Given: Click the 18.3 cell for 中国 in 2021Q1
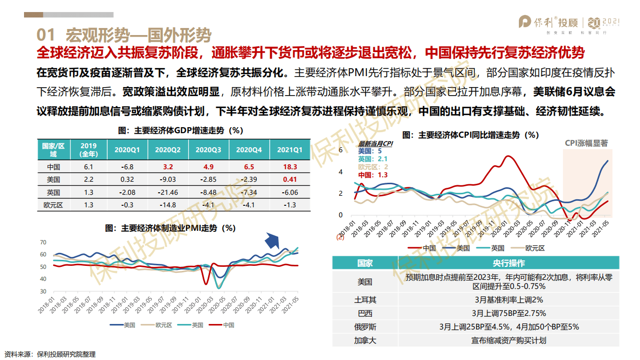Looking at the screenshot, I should (290, 167).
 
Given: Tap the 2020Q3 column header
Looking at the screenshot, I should (209, 150).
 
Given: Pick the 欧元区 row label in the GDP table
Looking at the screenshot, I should (52, 205).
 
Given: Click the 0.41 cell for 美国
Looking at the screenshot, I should (290, 180).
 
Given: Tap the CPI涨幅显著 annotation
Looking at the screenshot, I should (586, 143).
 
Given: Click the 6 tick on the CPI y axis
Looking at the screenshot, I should (341, 150).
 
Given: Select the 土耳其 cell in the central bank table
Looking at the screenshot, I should (365, 299).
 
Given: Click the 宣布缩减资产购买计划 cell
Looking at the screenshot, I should (508, 340).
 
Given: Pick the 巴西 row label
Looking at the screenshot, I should (365, 313).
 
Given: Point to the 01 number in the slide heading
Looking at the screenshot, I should (46, 35).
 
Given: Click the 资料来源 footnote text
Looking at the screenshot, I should (50, 354).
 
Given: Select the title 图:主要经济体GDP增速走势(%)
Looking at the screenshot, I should (181, 131).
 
